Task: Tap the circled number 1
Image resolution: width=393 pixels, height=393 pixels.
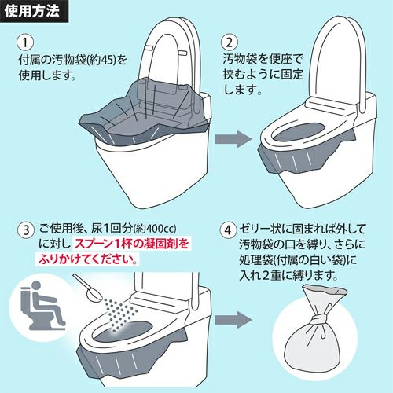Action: (x=26, y=42)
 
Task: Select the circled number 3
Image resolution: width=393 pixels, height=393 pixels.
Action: (x=26, y=231)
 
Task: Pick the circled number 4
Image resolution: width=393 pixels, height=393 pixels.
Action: (x=229, y=231)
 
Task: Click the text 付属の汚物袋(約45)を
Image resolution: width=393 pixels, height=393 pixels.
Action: (x=72, y=60)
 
